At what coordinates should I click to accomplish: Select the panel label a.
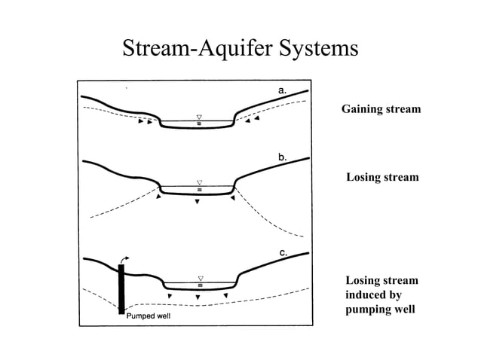tap(283, 90)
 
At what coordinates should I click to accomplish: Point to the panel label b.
tap(283, 157)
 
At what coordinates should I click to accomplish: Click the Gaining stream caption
tap(381, 110)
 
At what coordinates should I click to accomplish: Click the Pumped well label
tap(149, 315)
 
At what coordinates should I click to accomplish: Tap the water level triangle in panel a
tap(199, 117)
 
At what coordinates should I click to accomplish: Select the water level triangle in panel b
tap(199, 182)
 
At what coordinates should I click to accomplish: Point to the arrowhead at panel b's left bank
tap(159, 198)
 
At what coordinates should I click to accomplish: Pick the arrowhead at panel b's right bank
tap(233, 199)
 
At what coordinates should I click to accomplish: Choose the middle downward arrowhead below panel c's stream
tap(198, 297)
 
